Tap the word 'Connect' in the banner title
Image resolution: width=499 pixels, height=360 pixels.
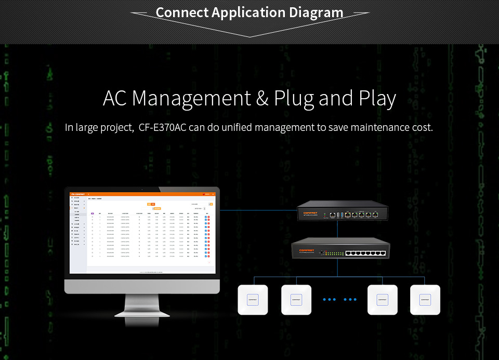click(x=182, y=12)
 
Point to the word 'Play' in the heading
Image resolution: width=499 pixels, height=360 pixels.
click(x=377, y=98)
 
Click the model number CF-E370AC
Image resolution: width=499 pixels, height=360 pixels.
click(x=163, y=127)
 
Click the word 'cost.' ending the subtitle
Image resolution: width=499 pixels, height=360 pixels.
click(x=421, y=127)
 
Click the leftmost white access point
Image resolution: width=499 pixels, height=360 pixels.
click(x=253, y=299)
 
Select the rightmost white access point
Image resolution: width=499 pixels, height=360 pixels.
click(x=425, y=299)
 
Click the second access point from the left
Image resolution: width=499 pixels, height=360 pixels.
click(x=296, y=299)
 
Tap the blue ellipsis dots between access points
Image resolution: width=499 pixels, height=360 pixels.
click(x=339, y=300)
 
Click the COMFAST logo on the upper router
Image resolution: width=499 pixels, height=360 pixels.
click(x=311, y=211)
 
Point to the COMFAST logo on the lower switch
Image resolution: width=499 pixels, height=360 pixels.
click(x=306, y=250)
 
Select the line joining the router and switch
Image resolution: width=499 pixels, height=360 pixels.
click(x=337, y=229)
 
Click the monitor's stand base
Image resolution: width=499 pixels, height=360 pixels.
click(x=142, y=312)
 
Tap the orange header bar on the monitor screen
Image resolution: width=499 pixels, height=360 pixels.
click(x=142, y=194)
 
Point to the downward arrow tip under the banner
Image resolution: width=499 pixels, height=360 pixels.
click(x=250, y=36)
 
